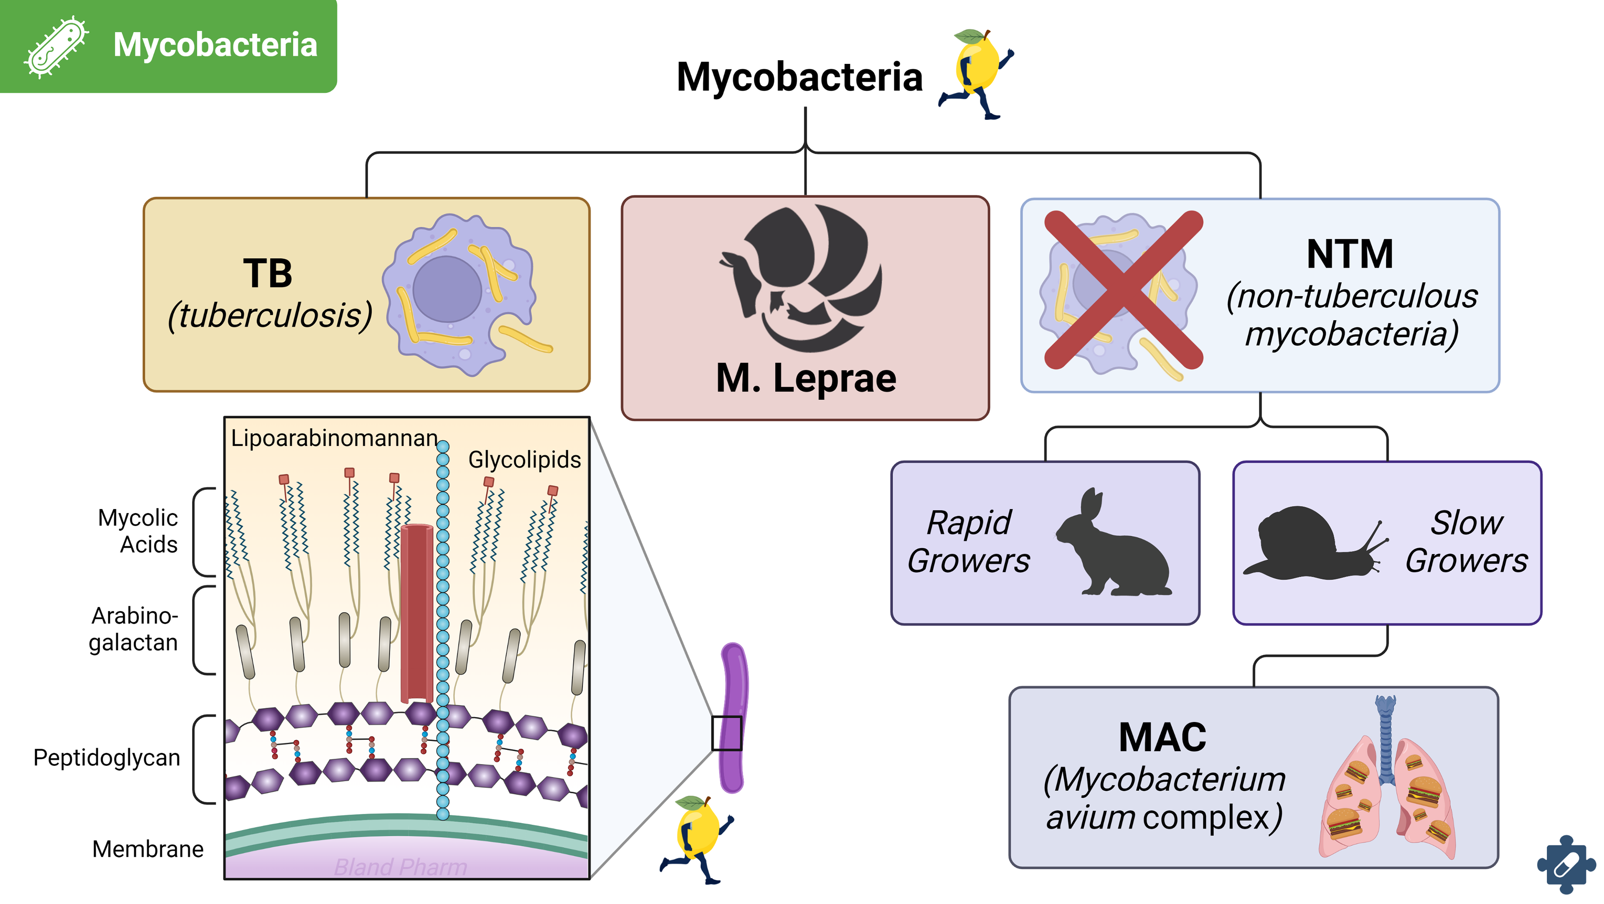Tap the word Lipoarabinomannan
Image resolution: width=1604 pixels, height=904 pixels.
click(x=334, y=438)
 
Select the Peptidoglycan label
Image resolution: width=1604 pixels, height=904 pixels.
click(x=107, y=758)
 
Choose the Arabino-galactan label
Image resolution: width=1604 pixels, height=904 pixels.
click(x=133, y=629)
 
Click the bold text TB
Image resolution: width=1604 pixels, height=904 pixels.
click(x=267, y=273)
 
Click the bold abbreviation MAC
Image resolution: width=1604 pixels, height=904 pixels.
click(x=1162, y=738)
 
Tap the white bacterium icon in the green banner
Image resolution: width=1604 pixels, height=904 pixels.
click(x=56, y=47)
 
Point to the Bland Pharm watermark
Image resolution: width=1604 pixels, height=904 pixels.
click(x=401, y=867)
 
